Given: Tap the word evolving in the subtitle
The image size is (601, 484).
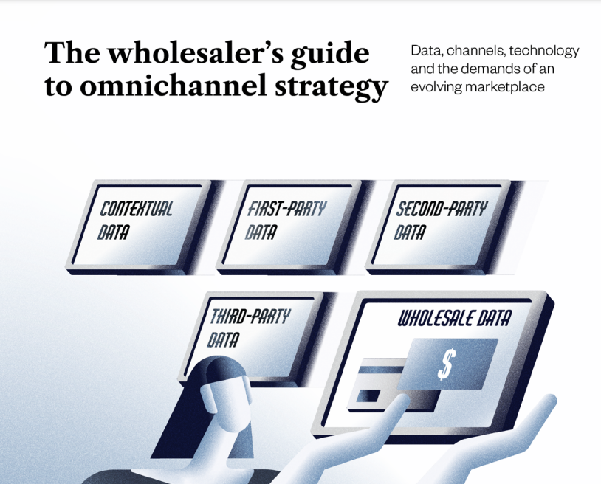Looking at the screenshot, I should click(x=436, y=86).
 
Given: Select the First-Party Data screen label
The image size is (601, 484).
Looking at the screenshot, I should click(x=284, y=220).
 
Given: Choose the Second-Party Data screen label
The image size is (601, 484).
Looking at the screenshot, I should click(x=439, y=220).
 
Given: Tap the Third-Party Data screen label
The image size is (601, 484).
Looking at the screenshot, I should click(x=247, y=328).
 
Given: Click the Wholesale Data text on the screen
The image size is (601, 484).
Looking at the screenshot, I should click(x=454, y=319).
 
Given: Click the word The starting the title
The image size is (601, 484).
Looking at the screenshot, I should click(x=69, y=53).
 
